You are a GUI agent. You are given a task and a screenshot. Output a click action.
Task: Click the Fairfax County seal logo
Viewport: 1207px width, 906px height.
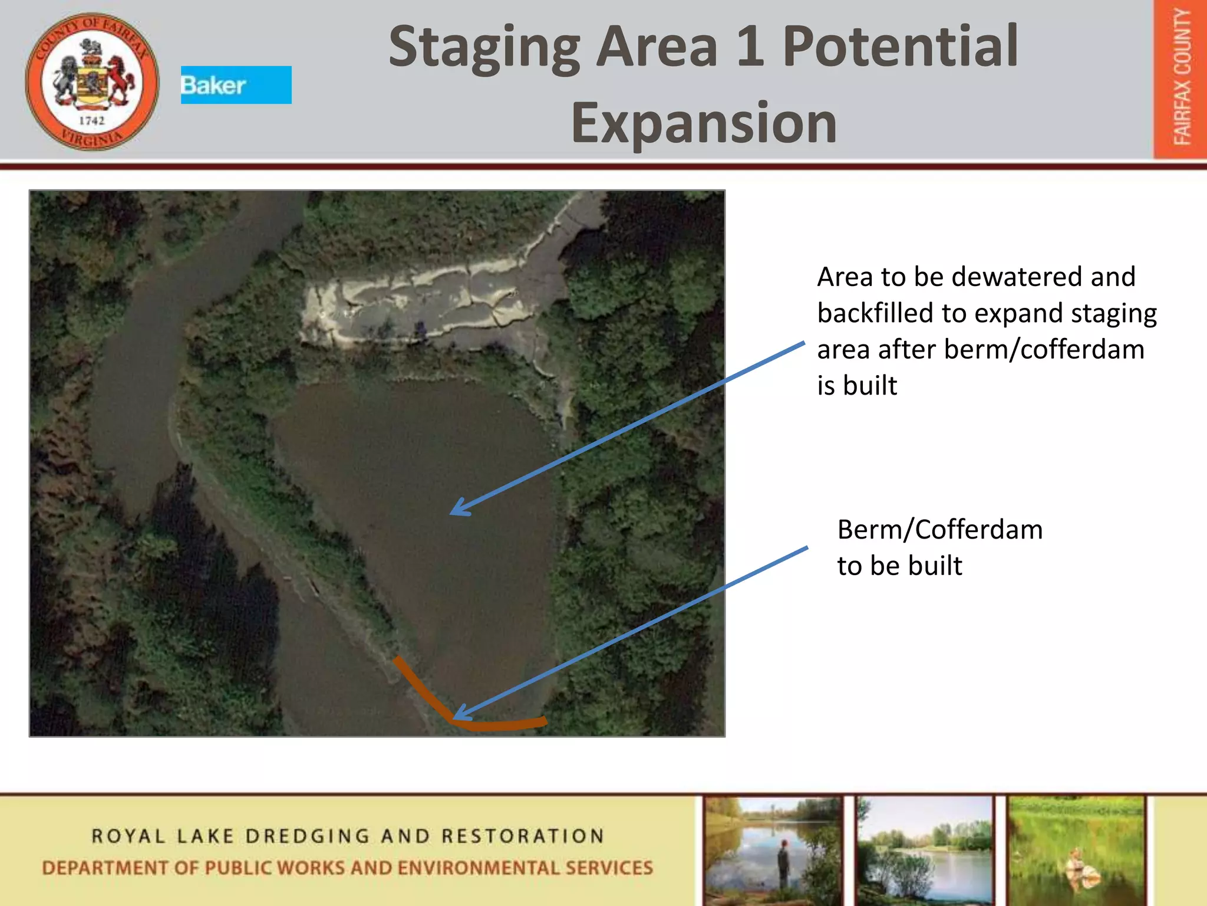click(x=92, y=81)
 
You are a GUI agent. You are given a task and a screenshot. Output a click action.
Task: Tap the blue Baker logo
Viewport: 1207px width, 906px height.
click(x=236, y=85)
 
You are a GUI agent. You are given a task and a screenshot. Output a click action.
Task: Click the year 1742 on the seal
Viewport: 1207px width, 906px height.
click(x=91, y=121)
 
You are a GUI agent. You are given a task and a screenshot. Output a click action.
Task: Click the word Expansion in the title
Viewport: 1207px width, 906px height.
click(x=704, y=123)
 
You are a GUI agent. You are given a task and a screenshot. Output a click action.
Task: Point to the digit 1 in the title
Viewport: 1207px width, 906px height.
click(x=750, y=47)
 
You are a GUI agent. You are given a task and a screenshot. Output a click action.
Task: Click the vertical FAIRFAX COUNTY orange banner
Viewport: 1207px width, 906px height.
click(x=1180, y=79)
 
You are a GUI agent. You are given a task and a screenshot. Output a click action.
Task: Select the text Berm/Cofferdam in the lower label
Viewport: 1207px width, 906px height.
click(x=939, y=529)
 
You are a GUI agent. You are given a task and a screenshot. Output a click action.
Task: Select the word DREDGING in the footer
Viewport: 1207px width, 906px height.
click(x=308, y=836)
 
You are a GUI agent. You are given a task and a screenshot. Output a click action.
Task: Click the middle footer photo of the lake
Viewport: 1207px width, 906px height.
click(x=925, y=849)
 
